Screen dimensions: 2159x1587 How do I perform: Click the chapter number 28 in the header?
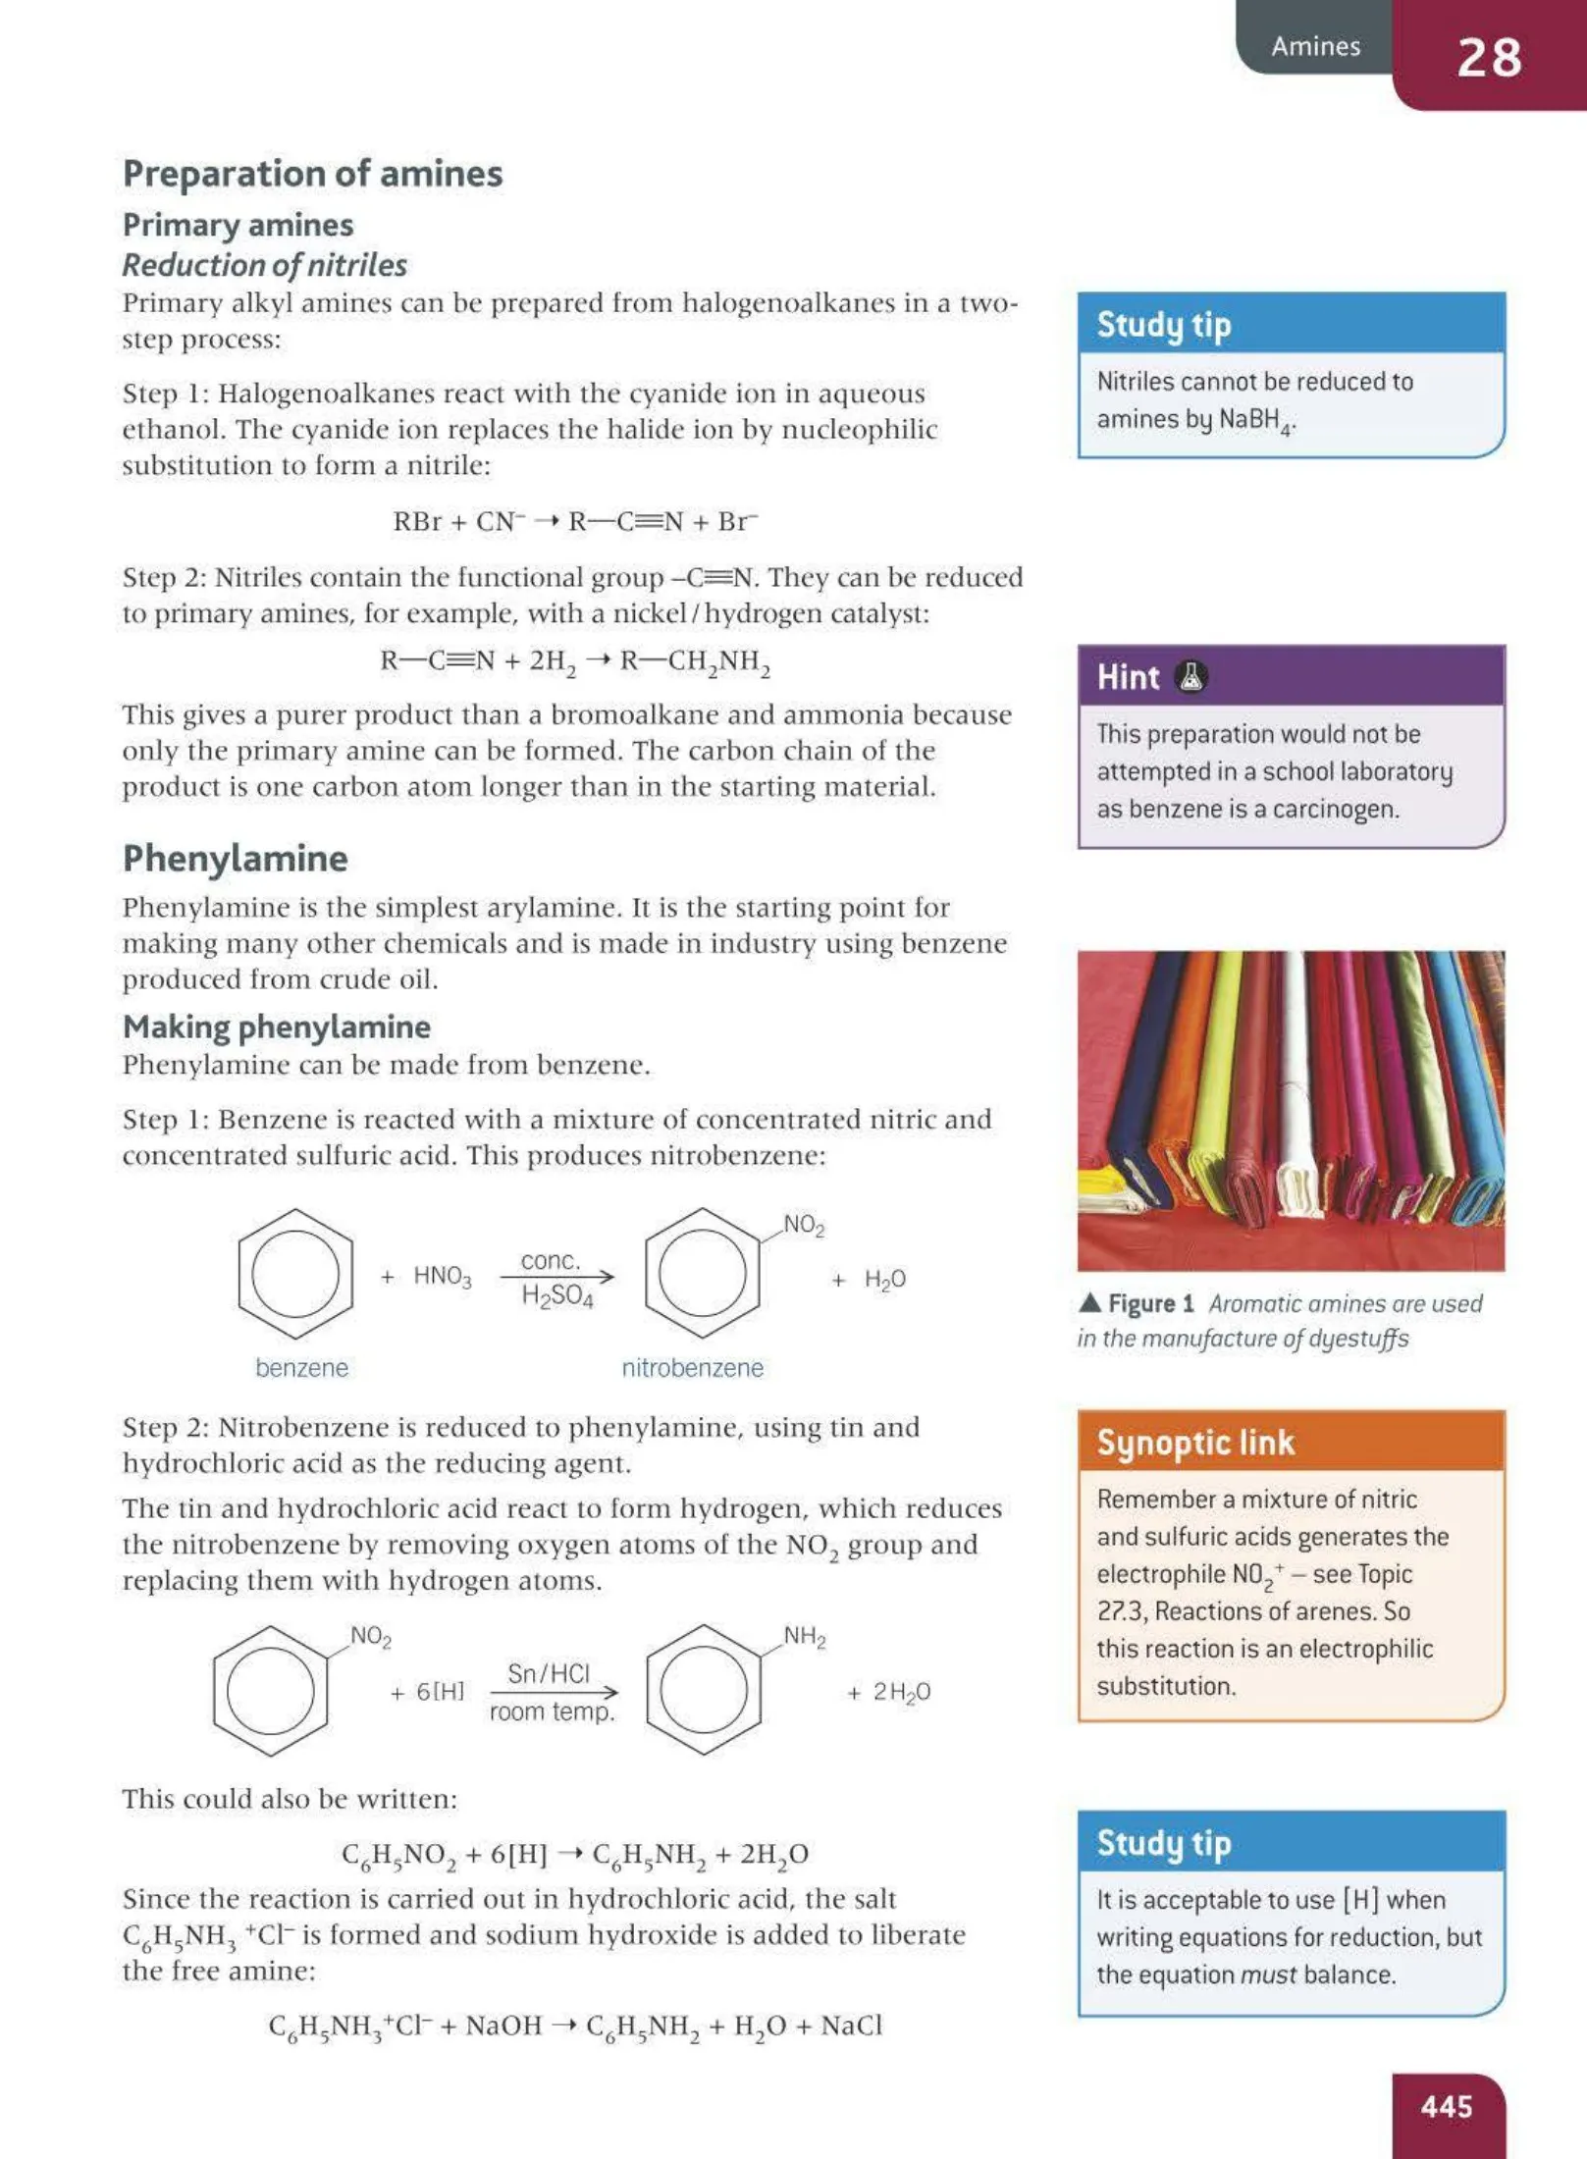click(x=1488, y=57)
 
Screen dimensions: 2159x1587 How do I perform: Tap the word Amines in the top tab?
click(x=1315, y=46)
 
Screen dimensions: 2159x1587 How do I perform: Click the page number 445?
click(x=1446, y=2106)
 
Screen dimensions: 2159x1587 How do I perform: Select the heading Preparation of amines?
click(x=312, y=174)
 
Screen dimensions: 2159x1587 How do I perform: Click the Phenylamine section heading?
click(x=235, y=858)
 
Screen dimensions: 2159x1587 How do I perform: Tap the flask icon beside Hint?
click(x=1190, y=676)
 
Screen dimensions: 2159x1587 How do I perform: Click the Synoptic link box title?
click(x=1195, y=1442)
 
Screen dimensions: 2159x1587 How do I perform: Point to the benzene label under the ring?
click(x=301, y=1367)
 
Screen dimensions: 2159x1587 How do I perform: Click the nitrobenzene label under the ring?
click(x=692, y=1367)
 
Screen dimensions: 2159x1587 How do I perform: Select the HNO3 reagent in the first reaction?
click(x=442, y=1276)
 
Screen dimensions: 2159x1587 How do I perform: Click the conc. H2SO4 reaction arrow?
click(x=556, y=1276)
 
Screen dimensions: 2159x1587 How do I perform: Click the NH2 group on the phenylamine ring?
click(x=804, y=1636)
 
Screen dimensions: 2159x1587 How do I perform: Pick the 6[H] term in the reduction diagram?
click(x=439, y=1691)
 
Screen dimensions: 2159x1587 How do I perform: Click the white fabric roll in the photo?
click(x=1297, y=1079)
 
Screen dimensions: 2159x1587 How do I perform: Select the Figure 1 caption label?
click(x=1149, y=1303)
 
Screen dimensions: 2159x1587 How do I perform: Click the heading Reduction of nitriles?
click(x=264, y=265)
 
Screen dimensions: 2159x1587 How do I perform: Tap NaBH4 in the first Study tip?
click(x=1255, y=420)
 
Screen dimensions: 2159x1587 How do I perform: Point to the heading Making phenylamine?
click(x=276, y=1027)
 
